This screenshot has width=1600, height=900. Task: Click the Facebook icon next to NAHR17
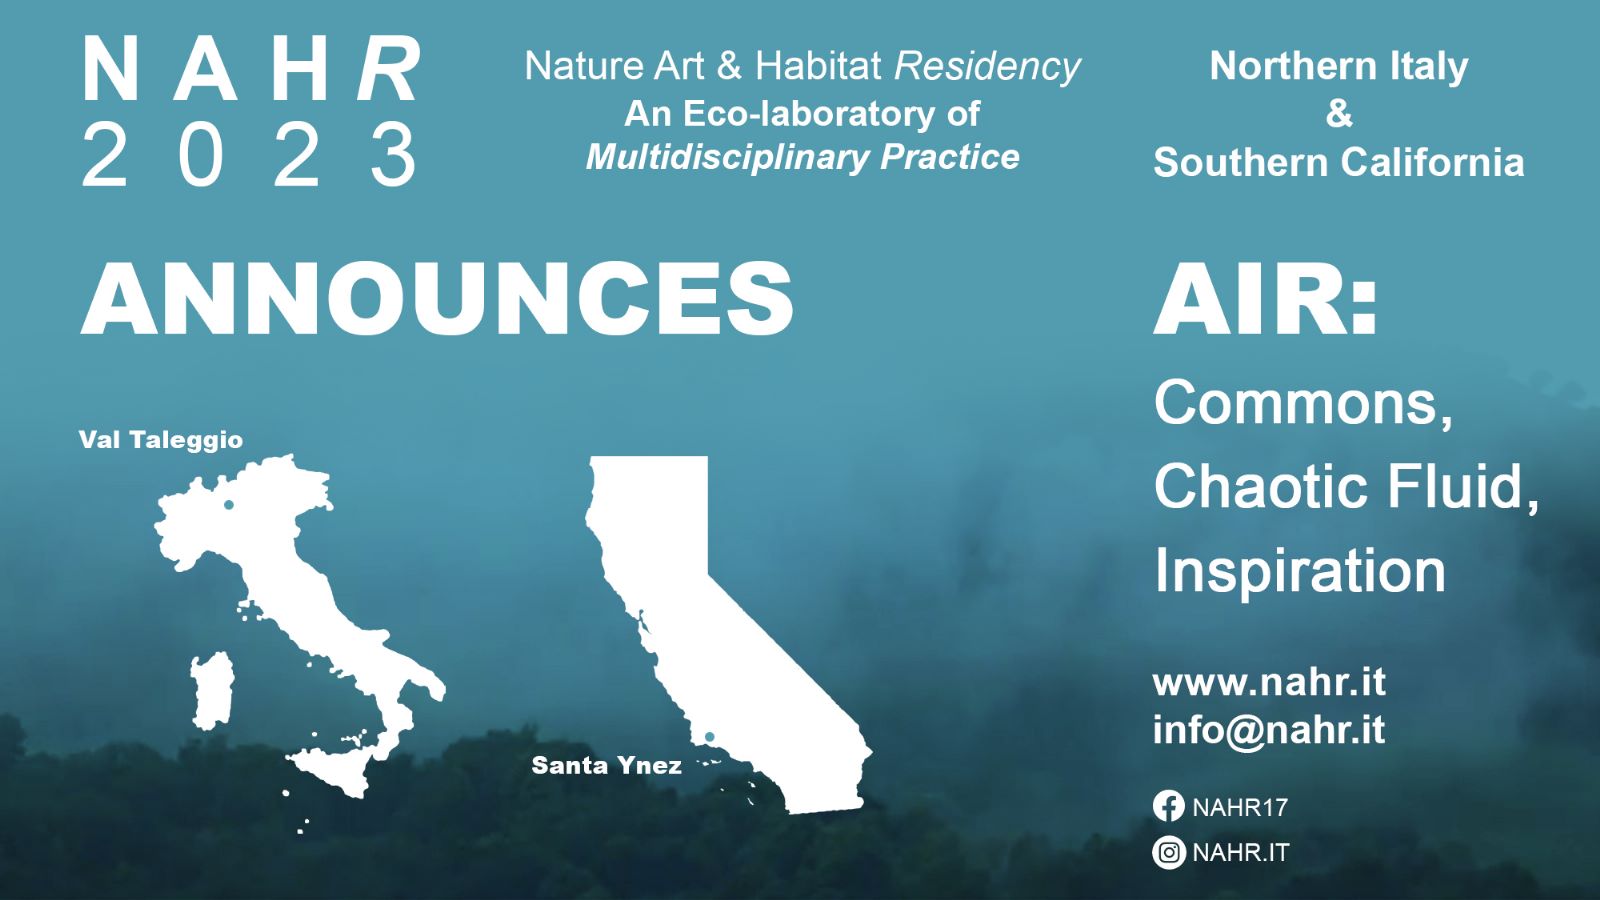(x=1169, y=806)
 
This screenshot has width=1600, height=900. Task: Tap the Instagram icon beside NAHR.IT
(x=1169, y=852)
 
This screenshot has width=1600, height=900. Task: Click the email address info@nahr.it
(x=1269, y=730)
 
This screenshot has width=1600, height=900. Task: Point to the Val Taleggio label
(x=161, y=440)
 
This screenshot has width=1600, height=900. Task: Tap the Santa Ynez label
(x=606, y=766)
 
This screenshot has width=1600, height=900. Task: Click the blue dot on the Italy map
(x=229, y=504)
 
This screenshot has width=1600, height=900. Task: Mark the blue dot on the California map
(x=709, y=737)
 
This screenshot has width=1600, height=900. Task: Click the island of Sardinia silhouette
(x=212, y=690)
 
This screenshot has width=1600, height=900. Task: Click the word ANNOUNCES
(x=437, y=298)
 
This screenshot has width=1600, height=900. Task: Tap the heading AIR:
(x=1264, y=299)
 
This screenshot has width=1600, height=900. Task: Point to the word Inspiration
(x=1299, y=571)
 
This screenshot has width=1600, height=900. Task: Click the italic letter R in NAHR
(x=389, y=69)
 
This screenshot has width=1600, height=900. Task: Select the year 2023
(x=250, y=154)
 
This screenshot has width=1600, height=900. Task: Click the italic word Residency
(x=987, y=67)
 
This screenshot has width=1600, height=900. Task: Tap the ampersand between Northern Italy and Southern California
(x=1339, y=114)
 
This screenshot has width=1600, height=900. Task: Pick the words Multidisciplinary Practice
(x=802, y=158)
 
